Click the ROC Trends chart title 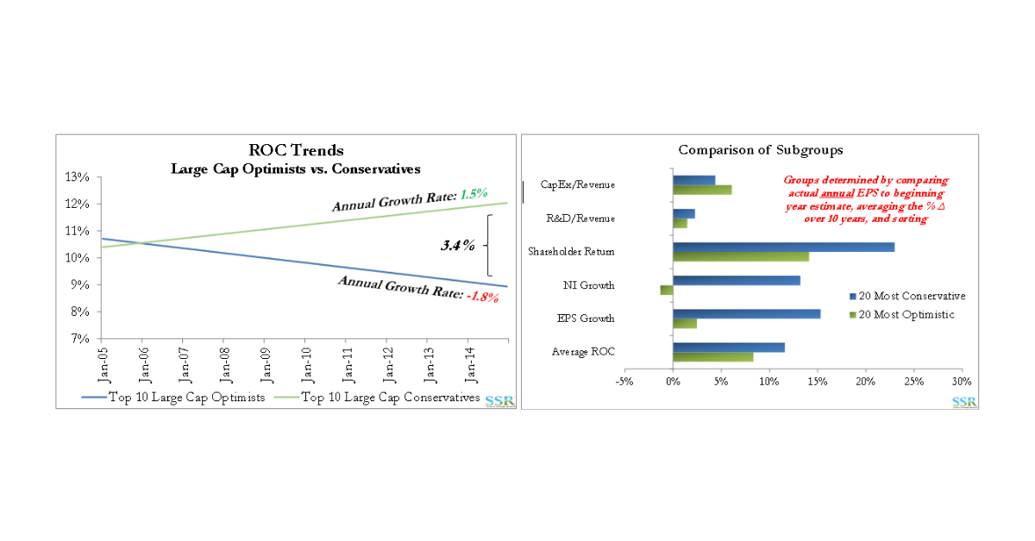(x=296, y=150)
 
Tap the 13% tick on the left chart (x=77, y=177)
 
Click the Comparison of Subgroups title (x=748, y=150)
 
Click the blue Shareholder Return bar (x=783, y=247)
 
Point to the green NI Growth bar (x=666, y=290)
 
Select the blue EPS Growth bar (x=746, y=313)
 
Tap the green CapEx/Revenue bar (x=702, y=190)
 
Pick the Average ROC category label (x=583, y=351)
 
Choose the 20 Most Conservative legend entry (x=906, y=296)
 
